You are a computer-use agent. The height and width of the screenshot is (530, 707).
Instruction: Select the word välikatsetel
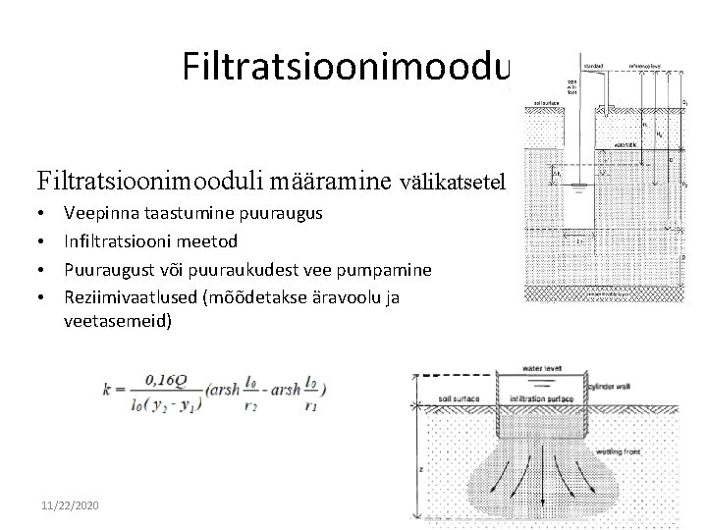(453, 181)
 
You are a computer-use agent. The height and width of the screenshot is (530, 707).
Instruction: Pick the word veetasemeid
(117, 319)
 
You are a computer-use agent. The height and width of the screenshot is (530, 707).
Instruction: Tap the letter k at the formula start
(109, 388)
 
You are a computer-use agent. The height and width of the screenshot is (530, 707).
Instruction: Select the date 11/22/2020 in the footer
(72, 503)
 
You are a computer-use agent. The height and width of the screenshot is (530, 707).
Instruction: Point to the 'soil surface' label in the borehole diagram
(544, 99)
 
